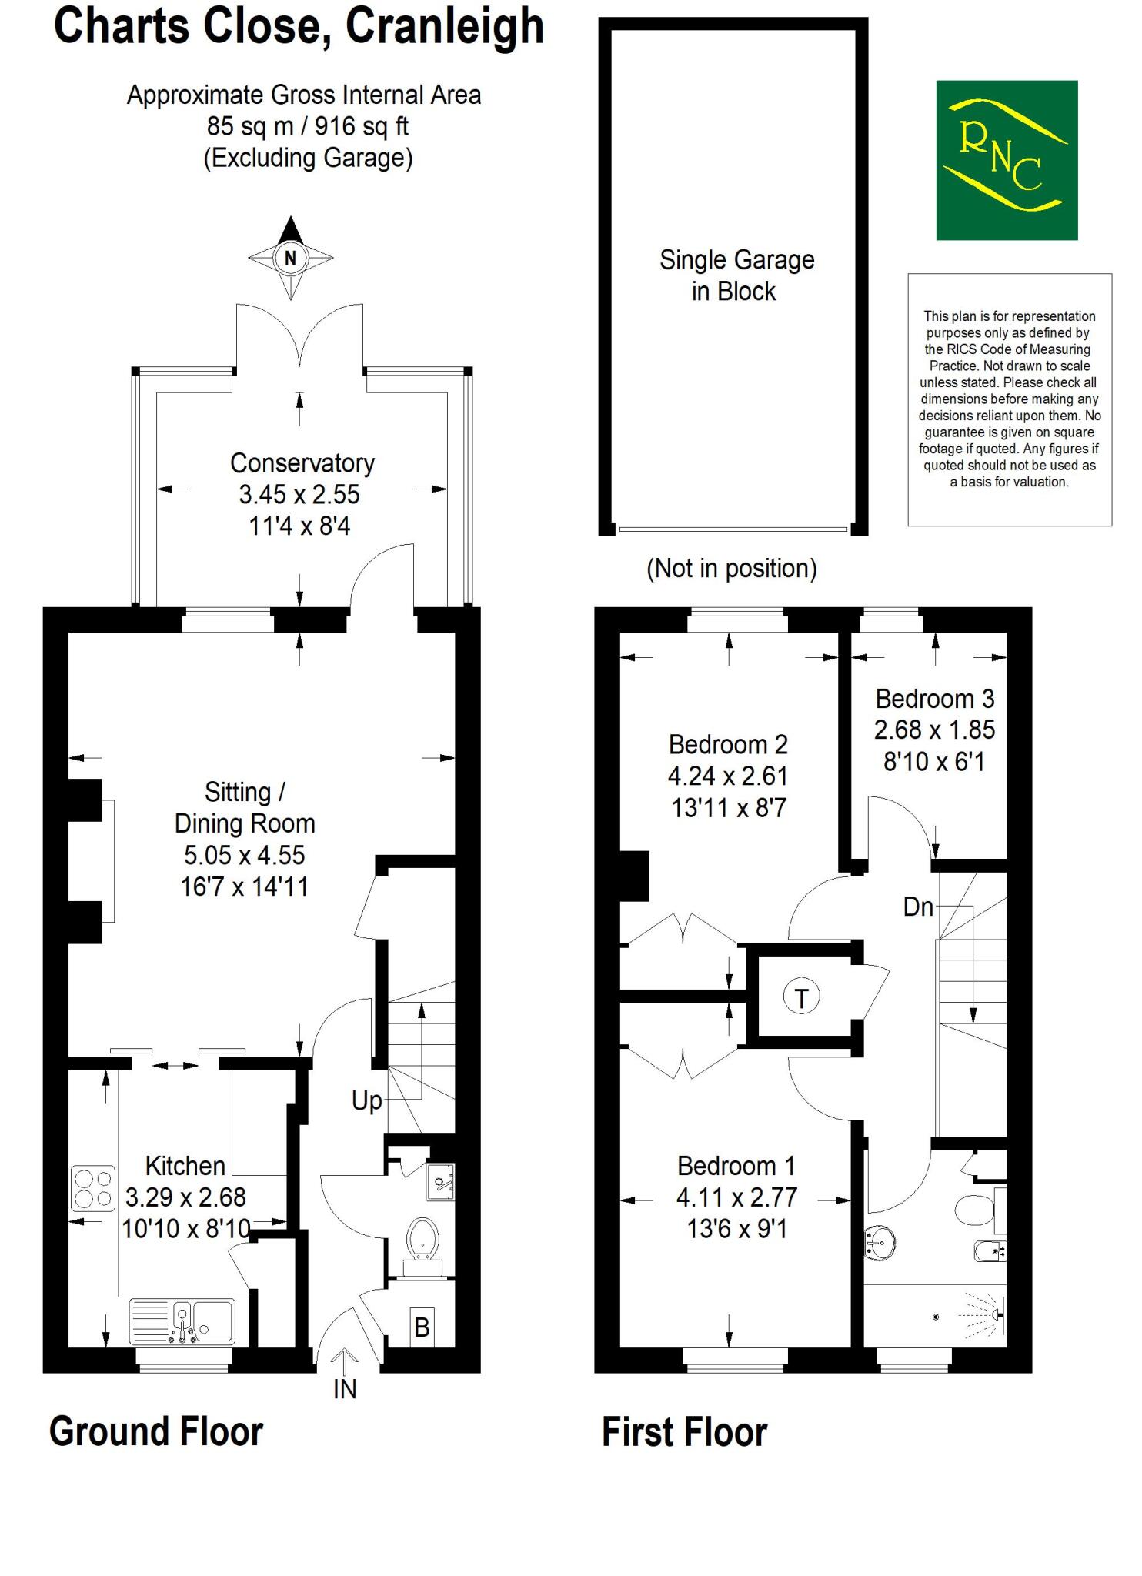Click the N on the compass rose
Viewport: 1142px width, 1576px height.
pyautogui.click(x=290, y=258)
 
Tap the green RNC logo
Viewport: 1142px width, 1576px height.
pyautogui.click(x=1006, y=160)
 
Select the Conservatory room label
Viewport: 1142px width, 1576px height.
pyautogui.click(x=302, y=463)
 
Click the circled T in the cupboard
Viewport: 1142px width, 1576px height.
pyautogui.click(x=801, y=998)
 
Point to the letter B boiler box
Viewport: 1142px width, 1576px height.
pyautogui.click(x=421, y=1327)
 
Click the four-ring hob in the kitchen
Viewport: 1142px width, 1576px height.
pyautogui.click(x=93, y=1187)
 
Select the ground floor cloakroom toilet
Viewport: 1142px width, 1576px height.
pyautogui.click(x=422, y=1238)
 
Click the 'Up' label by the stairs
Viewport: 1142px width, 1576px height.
pyautogui.click(x=366, y=1101)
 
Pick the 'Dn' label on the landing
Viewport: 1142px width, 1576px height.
pyautogui.click(x=917, y=907)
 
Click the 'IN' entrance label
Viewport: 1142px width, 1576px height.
pyautogui.click(x=345, y=1389)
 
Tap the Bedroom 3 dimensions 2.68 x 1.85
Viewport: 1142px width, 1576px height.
pyautogui.click(x=933, y=730)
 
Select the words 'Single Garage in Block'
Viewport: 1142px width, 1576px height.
pyautogui.click(x=736, y=275)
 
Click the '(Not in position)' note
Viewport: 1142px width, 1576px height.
pyautogui.click(x=731, y=569)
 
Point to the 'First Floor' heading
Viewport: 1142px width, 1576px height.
pyautogui.click(x=683, y=1433)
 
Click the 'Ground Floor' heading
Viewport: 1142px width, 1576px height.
pyautogui.click(x=156, y=1432)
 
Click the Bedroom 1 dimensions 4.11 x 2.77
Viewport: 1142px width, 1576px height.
pyautogui.click(x=736, y=1197)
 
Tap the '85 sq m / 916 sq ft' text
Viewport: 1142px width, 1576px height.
pyautogui.click(x=307, y=126)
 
